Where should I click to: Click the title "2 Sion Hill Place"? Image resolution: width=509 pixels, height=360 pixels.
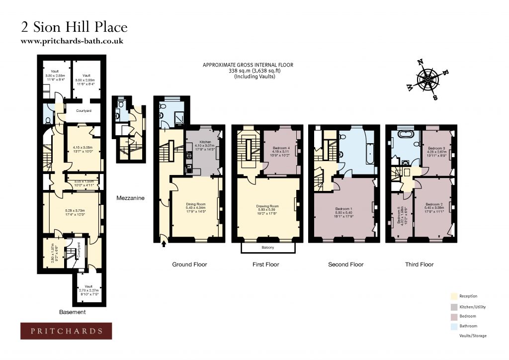(x=74, y=27)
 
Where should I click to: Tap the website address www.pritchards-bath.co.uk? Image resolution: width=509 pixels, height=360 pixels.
(x=72, y=41)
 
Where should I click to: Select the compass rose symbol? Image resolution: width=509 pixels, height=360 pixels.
(x=427, y=80)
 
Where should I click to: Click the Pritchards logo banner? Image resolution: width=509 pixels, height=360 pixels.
(x=66, y=331)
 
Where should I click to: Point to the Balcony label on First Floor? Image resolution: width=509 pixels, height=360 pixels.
(x=267, y=248)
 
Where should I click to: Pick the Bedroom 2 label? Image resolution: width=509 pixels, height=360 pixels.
(x=433, y=204)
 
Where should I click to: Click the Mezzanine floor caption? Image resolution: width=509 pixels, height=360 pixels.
(x=131, y=198)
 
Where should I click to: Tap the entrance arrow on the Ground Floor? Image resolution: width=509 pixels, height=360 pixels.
(x=164, y=244)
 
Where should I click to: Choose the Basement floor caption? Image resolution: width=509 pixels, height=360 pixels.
(x=73, y=312)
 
